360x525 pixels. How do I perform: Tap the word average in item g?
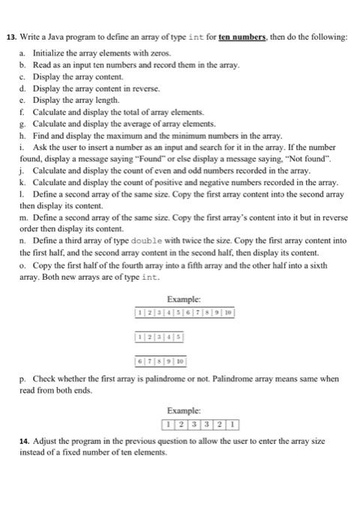tap(142, 123)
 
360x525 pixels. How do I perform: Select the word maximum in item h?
tap(134, 135)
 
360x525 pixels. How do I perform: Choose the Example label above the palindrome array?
tap(183, 411)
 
